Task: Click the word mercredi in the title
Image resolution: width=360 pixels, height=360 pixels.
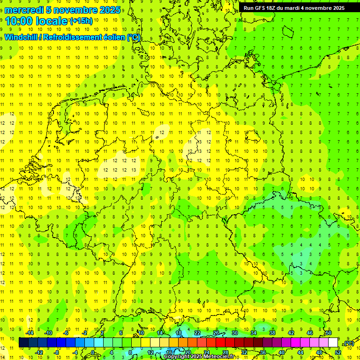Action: click(23, 10)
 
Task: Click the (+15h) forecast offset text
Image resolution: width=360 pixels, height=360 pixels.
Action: click(81, 21)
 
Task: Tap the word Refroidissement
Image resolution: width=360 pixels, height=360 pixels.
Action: click(72, 37)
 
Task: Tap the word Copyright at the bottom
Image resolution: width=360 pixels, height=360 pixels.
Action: click(177, 357)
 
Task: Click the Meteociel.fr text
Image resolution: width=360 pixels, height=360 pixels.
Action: click(218, 357)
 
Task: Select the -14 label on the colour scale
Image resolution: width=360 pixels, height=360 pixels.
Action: click(30, 333)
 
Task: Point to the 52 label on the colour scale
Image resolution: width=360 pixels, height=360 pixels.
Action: click(338, 352)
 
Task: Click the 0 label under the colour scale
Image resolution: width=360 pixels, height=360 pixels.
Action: click(93, 352)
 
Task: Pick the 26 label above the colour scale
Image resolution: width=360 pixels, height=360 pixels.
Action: click(216, 333)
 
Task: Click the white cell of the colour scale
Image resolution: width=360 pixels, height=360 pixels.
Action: click(333, 343)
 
